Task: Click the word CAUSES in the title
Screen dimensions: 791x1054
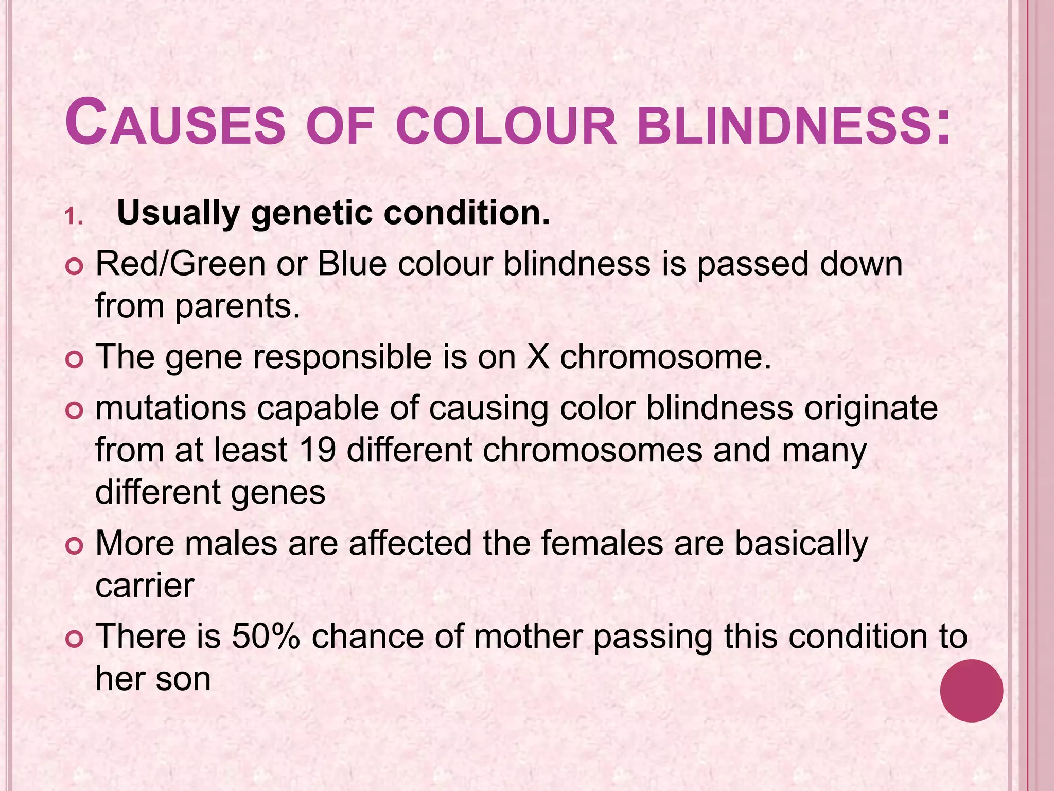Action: click(x=175, y=124)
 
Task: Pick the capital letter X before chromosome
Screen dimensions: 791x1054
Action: click(x=538, y=356)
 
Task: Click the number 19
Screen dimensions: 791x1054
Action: click(x=317, y=450)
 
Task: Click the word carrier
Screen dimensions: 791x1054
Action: click(x=145, y=585)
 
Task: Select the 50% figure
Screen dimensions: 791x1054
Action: click(x=266, y=636)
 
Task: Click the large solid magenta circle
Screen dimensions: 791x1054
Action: click(x=971, y=691)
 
